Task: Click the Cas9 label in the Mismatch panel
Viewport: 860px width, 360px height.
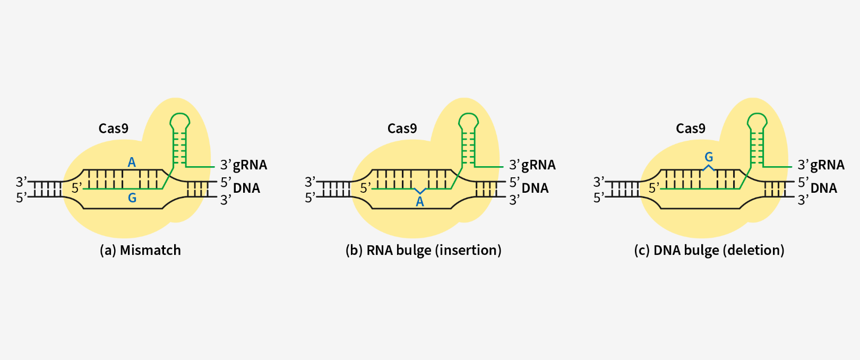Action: click(x=113, y=128)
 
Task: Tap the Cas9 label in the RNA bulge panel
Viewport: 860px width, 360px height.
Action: click(x=402, y=128)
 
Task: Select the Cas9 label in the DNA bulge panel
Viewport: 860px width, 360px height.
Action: click(x=690, y=128)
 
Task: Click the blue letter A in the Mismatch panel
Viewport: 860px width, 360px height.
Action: click(x=132, y=162)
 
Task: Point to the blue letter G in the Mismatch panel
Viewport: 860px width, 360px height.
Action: click(x=132, y=198)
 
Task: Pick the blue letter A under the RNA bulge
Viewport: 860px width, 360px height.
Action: click(x=420, y=202)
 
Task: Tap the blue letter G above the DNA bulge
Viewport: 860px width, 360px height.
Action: click(x=709, y=157)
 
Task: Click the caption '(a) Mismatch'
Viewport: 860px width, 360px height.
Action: click(x=140, y=250)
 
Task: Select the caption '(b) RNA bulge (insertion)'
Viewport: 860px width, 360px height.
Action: click(x=423, y=250)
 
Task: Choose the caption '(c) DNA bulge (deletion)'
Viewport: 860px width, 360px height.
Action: click(x=709, y=250)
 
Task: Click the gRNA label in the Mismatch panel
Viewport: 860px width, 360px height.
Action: click(x=250, y=165)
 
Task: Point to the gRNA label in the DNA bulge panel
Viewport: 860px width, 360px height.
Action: click(x=827, y=165)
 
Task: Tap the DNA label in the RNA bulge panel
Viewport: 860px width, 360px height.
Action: click(x=535, y=188)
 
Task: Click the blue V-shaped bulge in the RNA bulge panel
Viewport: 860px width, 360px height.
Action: click(x=420, y=191)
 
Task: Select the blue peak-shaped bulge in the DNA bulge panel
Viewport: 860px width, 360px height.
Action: click(x=709, y=167)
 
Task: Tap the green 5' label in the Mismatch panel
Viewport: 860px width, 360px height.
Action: click(x=77, y=188)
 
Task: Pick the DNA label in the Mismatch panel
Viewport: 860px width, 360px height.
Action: click(x=246, y=188)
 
